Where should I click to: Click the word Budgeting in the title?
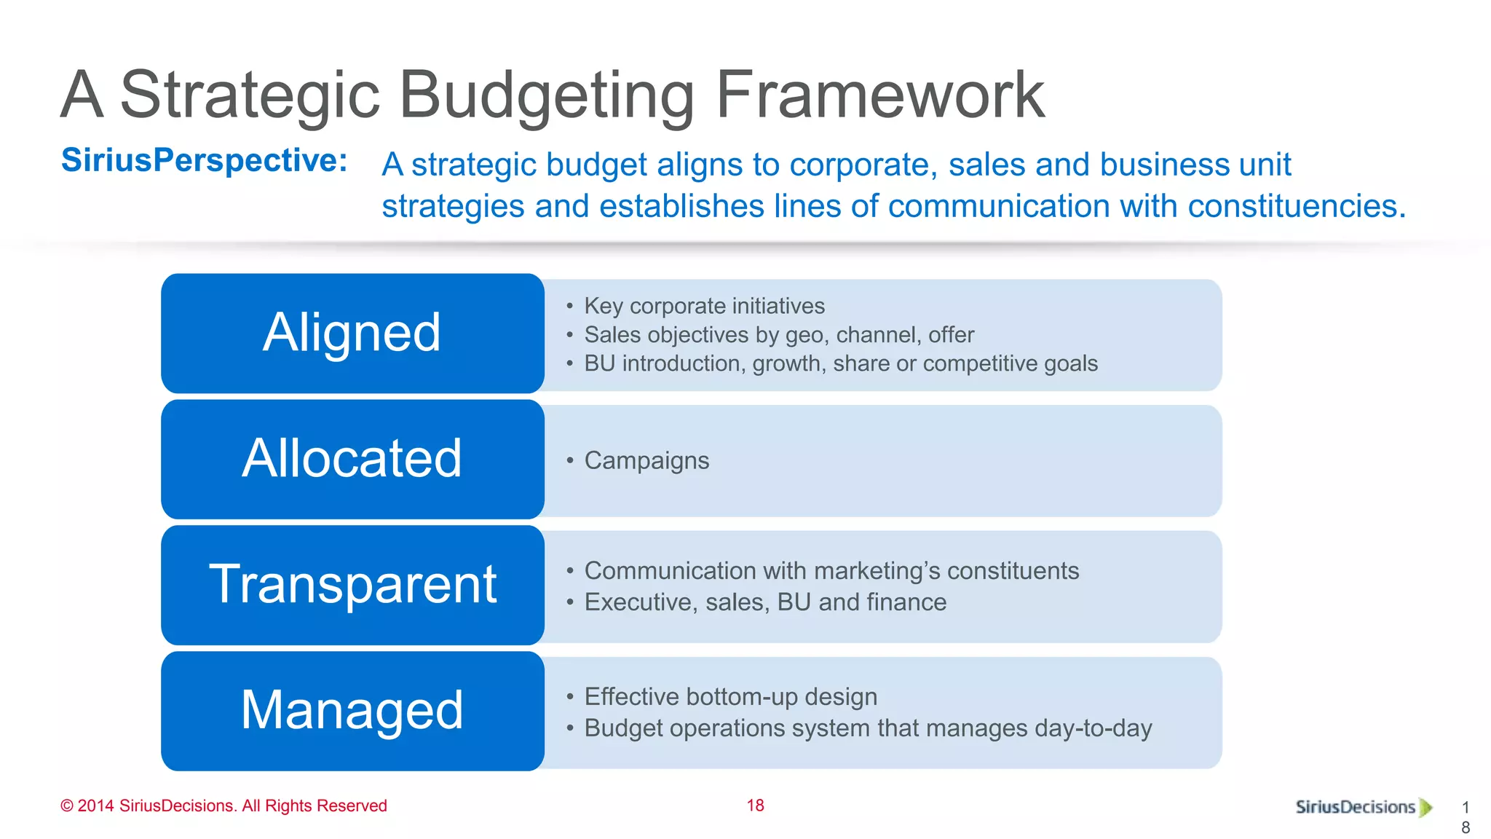546,96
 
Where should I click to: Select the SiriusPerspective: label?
205,160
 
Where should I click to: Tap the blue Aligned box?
352,333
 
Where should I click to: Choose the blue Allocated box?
352,459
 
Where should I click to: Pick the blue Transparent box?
352,585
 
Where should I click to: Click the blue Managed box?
352,711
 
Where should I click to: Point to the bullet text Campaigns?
646,461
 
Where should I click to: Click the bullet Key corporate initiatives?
704,306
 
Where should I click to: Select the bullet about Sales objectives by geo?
779,335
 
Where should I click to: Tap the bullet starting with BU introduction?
841,363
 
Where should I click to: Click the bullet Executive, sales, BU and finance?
765,602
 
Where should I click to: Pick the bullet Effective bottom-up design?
730,697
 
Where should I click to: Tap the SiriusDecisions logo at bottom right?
1356,807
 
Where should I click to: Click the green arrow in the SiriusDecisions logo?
1425,807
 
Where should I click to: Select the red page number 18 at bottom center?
755,805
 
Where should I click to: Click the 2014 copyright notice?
224,806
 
